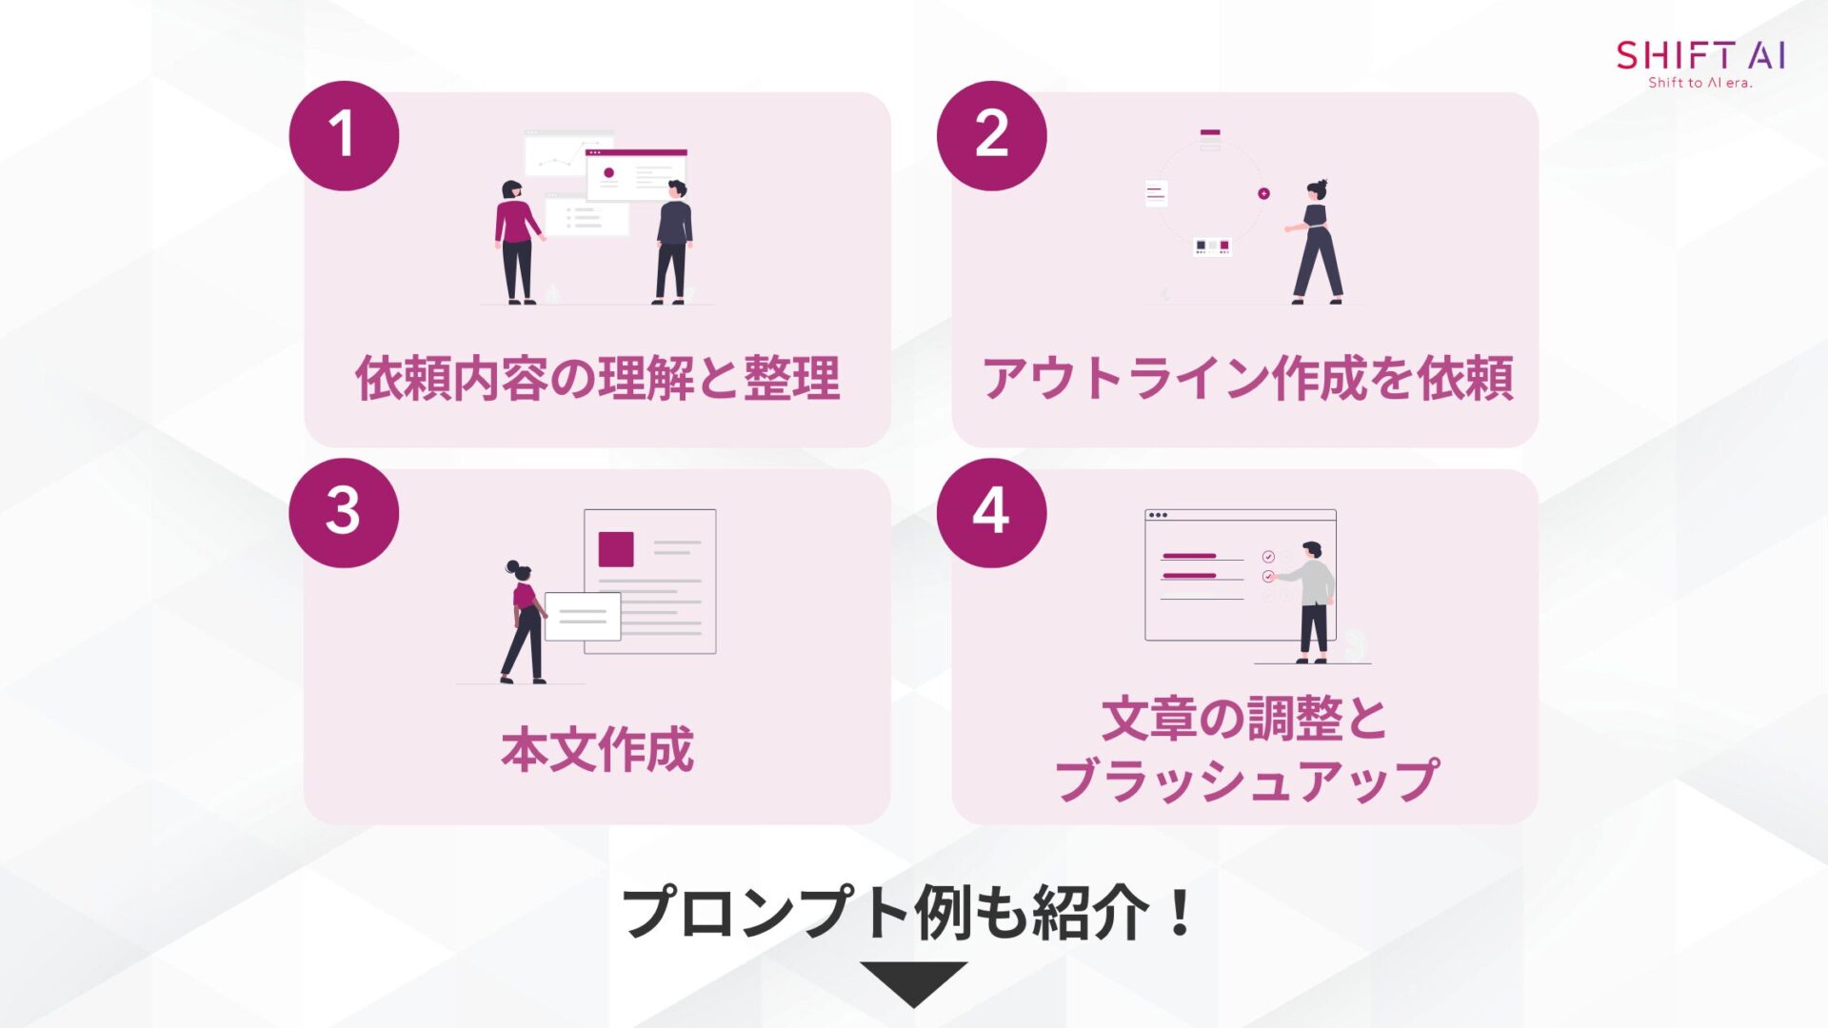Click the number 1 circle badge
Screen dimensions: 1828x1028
pos(344,135)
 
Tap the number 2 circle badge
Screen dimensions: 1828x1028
pos(991,135)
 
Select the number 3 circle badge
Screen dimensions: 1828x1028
pos(344,512)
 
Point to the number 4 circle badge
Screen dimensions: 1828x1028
pos(991,512)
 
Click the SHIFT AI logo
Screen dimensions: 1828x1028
pos(1699,55)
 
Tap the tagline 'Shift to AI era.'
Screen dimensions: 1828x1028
pos(1699,83)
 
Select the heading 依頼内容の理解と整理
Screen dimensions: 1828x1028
pos(597,378)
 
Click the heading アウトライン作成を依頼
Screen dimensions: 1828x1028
pos(1246,378)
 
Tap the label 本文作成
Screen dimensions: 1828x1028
pos(597,749)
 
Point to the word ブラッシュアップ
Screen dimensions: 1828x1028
pos(1246,781)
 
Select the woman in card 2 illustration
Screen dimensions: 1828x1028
pos(1317,243)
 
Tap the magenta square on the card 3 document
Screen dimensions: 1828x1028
pos(616,549)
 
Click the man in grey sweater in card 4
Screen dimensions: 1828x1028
pos(1313,602)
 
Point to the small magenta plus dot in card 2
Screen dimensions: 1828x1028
pos(1263,193)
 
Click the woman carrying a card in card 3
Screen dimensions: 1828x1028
pos(523,623)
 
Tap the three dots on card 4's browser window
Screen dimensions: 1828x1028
pos(1158,515)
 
